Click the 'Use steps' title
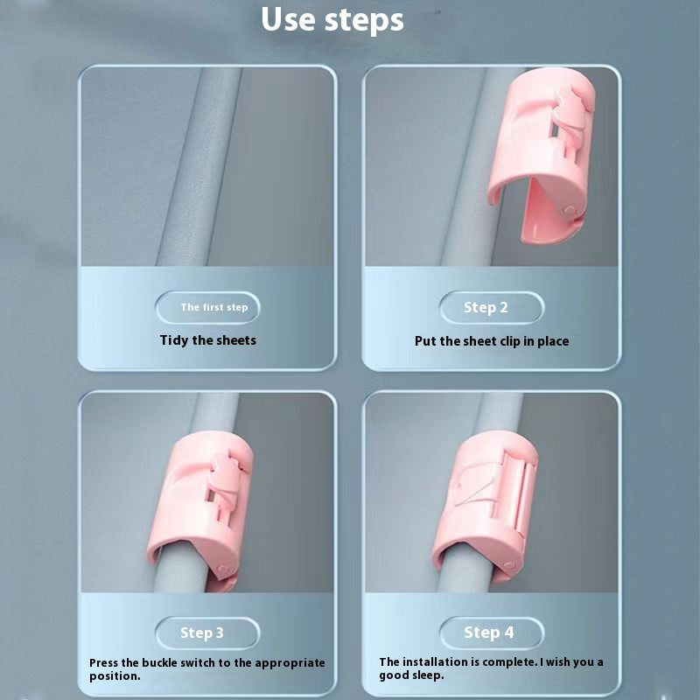pos(332,19)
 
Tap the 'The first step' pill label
pos(213,307)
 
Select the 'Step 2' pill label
pos(486,307)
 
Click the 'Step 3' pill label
pos(202,633)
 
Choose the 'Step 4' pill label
pos(489,633)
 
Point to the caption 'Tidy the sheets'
pos(208,339)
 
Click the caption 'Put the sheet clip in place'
pos(492,341)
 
